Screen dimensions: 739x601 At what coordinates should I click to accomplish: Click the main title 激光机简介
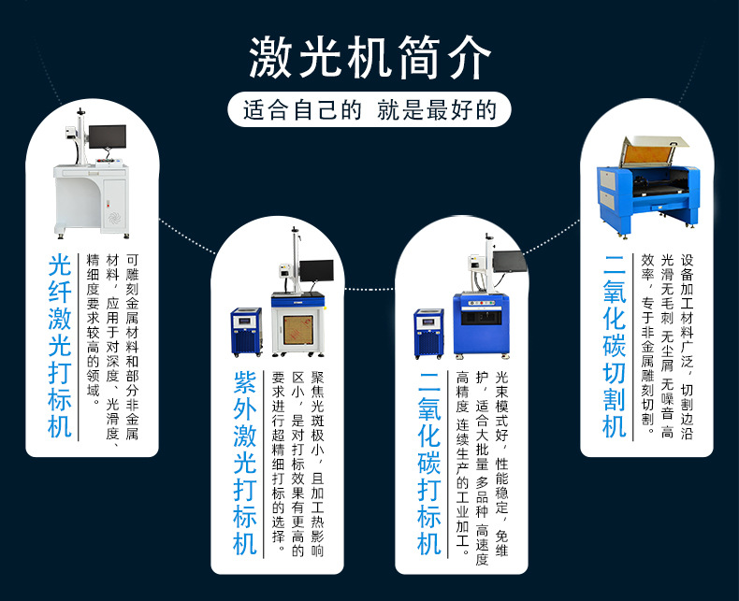tap(370, 57)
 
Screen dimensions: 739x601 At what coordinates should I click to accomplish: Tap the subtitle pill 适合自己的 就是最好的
tap(369, 109)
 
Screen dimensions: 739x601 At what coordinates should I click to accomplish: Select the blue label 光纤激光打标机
tap(60, 346)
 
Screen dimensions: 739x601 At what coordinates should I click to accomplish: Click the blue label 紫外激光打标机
tap(245, 463)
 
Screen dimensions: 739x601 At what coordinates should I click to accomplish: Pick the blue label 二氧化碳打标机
tap(429, 463)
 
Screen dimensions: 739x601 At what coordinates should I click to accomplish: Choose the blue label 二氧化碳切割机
tap(615, 346)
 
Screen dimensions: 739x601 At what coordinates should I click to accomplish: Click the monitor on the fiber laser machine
tap(108, 136)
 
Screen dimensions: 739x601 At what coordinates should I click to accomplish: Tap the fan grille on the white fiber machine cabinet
tap(114, 219)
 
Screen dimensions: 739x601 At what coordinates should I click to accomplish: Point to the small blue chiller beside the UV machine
tap(246, 332)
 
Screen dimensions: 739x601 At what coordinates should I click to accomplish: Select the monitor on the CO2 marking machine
tap(509, 262)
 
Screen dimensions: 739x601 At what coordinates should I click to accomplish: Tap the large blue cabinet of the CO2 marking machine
tap(481, 324)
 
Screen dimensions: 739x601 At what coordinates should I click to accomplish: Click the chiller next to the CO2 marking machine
tap(428, 334)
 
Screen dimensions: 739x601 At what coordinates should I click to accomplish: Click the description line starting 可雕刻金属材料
tap(132, 346)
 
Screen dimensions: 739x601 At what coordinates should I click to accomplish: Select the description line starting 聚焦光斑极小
tap(317, 463)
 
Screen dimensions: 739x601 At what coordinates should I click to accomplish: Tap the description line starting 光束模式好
tap(501, 463)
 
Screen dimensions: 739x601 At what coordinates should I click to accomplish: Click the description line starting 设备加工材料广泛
tap(687, 346)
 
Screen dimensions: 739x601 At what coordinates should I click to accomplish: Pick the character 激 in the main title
tap(270, 57)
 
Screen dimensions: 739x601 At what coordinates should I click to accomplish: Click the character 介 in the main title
tap(470, 57)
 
